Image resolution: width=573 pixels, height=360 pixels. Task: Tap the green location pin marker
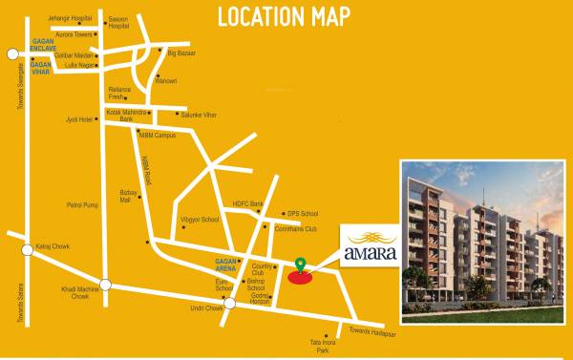(300, 265)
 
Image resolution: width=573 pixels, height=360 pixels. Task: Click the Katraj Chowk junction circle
(27, 250)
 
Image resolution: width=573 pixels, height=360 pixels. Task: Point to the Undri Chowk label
(205, 307)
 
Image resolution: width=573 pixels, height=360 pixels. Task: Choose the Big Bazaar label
(180, 53)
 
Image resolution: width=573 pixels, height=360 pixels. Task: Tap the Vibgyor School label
(200, 219)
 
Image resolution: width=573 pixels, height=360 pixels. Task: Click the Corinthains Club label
(297, 230)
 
